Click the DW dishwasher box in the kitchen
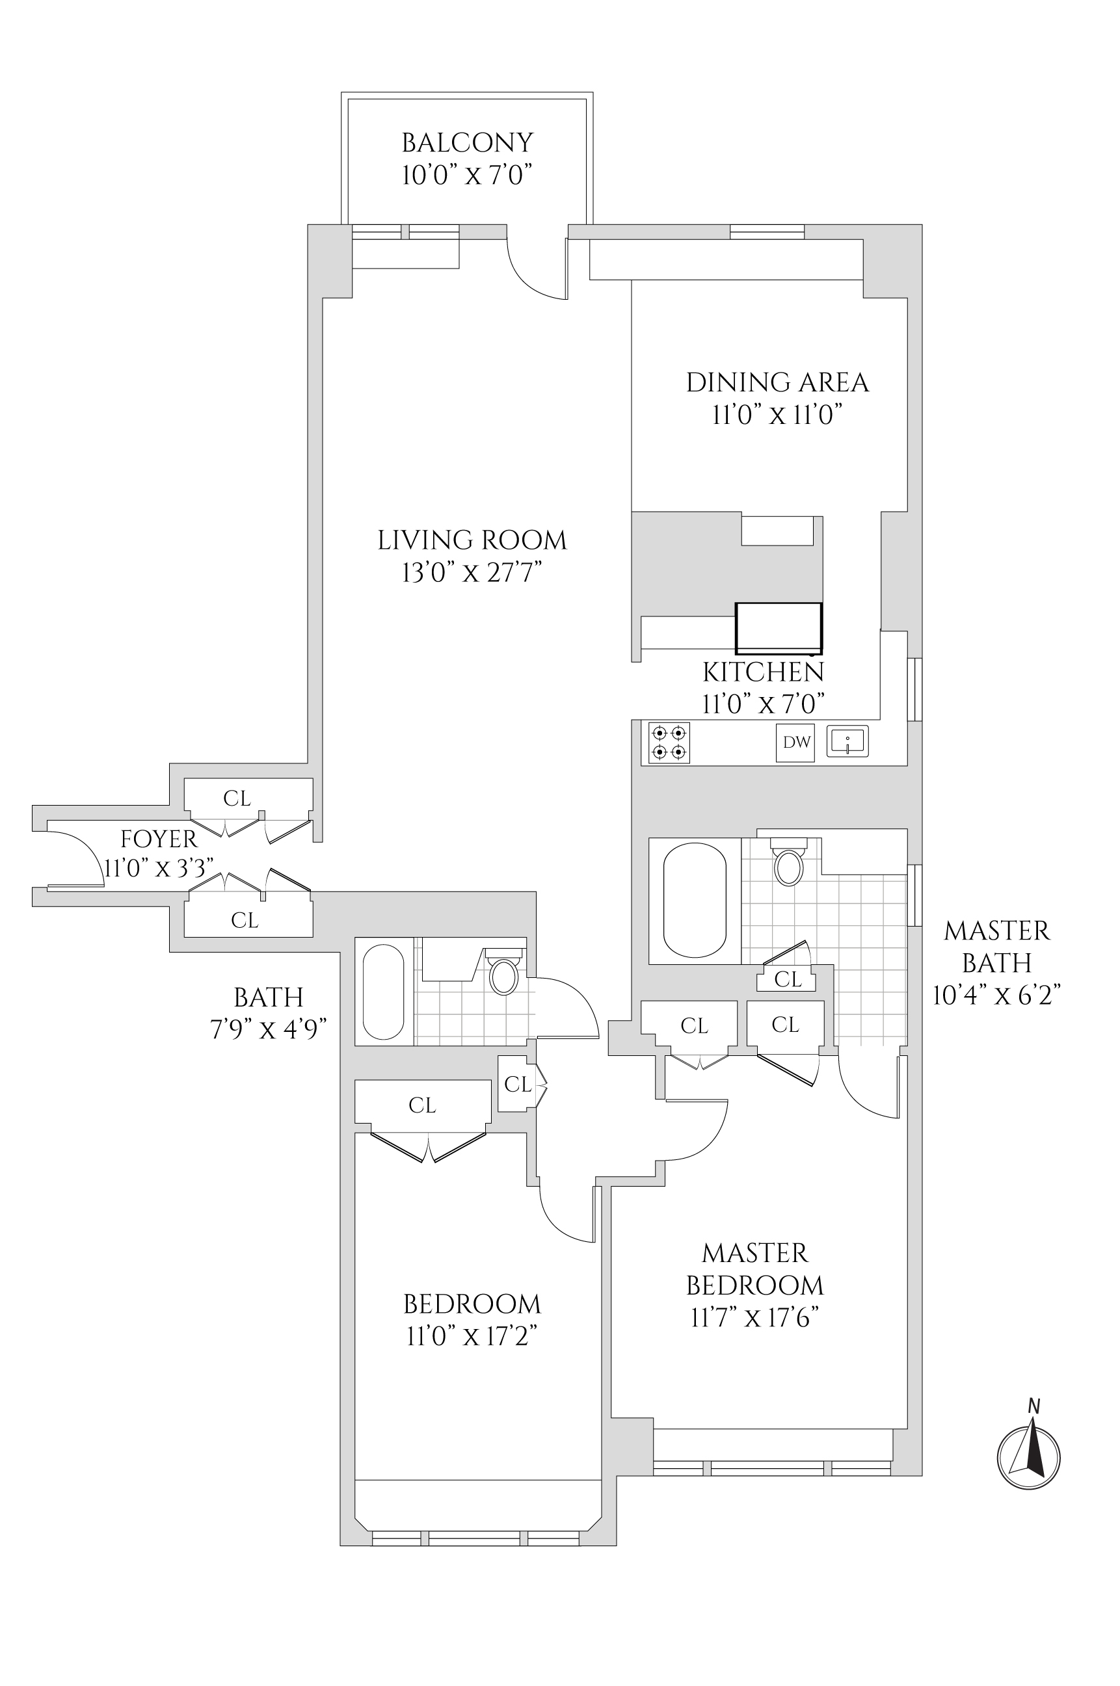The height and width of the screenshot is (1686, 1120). click(795, 743)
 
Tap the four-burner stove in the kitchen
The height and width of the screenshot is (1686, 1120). click(669, 743)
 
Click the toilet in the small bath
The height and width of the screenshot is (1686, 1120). click(504, 974)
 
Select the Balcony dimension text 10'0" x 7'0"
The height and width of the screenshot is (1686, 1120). click(467, 175)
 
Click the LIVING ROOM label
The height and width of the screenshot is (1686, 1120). click(472, 540)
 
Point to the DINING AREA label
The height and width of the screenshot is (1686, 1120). click(777, 383)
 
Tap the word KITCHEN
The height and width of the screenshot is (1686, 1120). click(764, 673)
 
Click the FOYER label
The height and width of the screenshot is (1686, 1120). click(159, 839)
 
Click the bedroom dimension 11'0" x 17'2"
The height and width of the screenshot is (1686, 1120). click(472, 1336)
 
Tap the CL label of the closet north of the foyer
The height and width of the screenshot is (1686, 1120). click(237, 798)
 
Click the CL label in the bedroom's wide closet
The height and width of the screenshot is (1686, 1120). click(422, 1105)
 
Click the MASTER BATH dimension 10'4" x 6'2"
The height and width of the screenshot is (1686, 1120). click(996, 995)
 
